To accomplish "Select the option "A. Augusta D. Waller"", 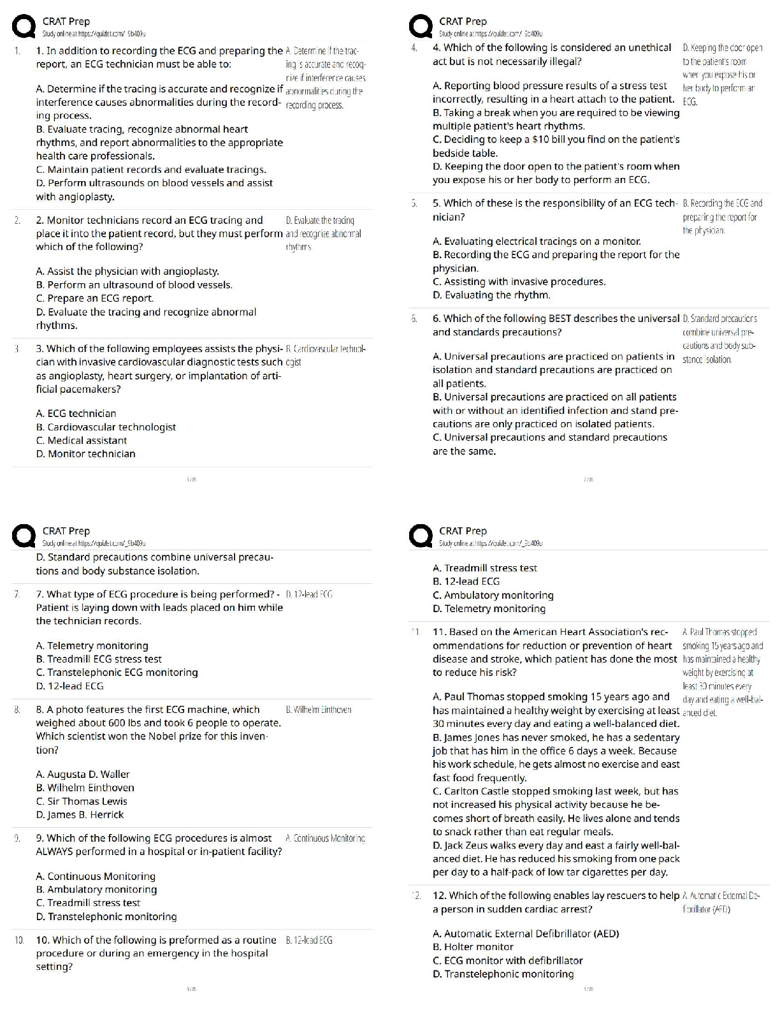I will [83, 774].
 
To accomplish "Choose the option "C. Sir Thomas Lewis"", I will [82, 801].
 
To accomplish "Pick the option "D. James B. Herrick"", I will [80, 815].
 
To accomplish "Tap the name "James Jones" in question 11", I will [472, 738].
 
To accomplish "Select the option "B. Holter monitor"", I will [473, 947].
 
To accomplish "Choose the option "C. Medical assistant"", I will [82, 441].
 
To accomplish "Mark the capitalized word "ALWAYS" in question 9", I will [54, 852].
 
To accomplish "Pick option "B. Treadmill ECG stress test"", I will [99, 659].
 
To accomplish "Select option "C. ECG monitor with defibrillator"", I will [507, 960].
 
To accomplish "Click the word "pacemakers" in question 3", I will [93, 390].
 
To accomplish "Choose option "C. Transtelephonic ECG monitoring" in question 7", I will [117, 673].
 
